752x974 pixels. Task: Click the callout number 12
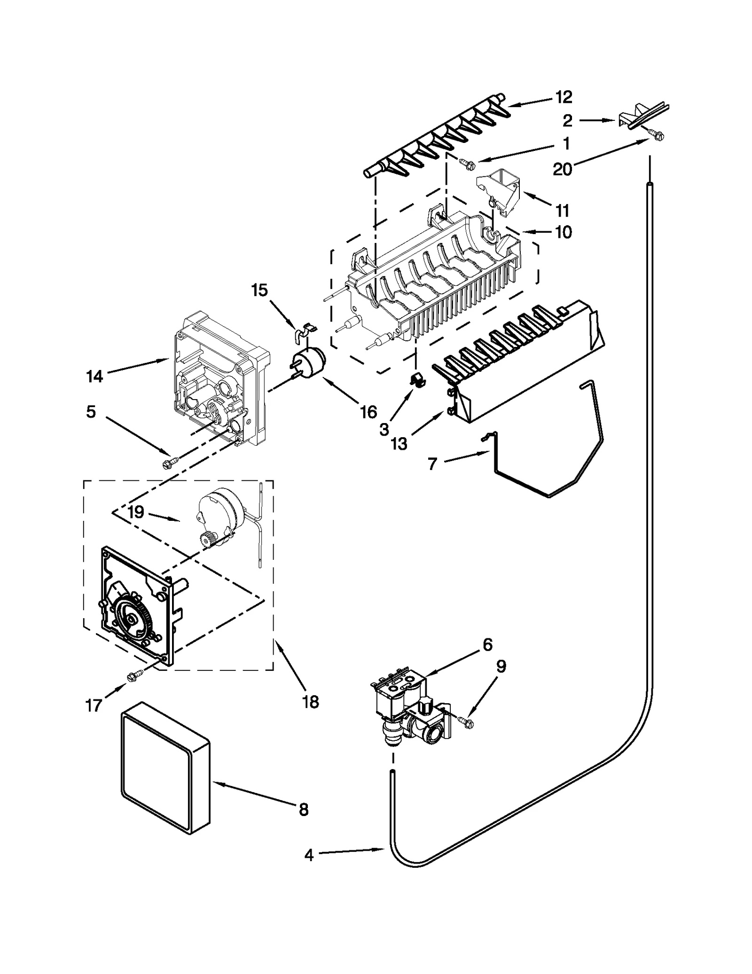coord(563,97)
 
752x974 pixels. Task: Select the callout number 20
coord(562,168)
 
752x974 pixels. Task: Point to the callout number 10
coord(563,232)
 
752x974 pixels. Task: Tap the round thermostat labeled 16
coord(308,363)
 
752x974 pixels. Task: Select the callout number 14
coord(94,376)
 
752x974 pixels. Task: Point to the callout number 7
coord(432,464)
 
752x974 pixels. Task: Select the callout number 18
coord(311,702)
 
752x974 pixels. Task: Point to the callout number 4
coord(308,855)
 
